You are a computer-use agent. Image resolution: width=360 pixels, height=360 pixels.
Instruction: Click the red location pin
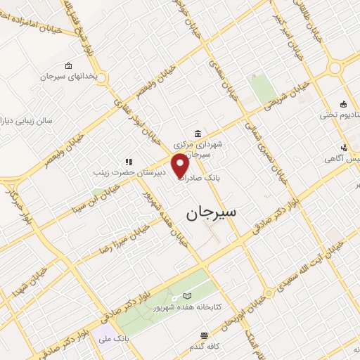[x=181, y=166]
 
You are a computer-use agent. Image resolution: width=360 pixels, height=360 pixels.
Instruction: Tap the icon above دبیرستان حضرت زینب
[x=129, y=162]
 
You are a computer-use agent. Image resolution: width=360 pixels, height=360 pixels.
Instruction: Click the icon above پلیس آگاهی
[x=344, y=147]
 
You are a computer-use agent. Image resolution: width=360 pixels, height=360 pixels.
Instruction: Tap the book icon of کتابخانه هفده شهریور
[x=186, y=297]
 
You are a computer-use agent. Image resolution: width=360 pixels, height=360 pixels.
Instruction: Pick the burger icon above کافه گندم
[x=204, y=335]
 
